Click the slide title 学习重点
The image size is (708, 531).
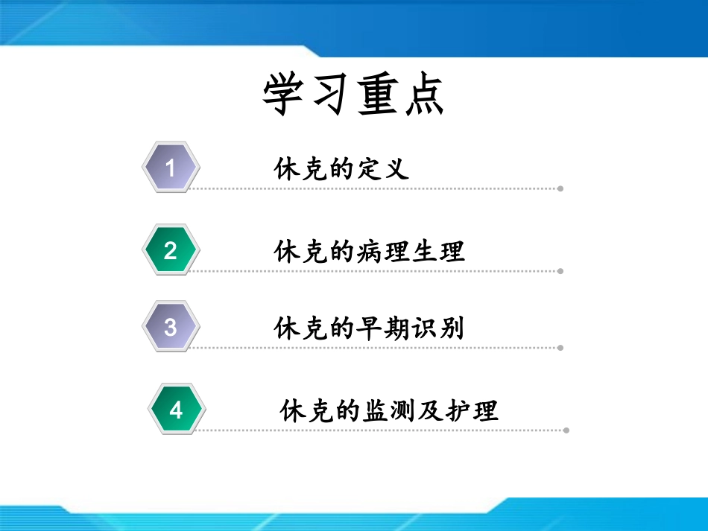click(x=353, y=95)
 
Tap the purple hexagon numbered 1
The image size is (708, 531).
click(x=171, y=168)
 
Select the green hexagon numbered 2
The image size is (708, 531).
click(x=171, y=250)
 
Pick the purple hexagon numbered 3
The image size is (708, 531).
click(x=171, y=326)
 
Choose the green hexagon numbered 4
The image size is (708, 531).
click(x=176, y=410)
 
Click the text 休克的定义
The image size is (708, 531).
click(x=342, y=169)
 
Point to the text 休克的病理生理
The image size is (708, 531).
click(x=370, y=252)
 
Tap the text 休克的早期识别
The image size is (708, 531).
click(x=370, y=328)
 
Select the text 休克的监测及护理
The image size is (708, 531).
click(x=389, y=410)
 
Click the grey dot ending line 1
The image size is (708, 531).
click(x=560, y=188)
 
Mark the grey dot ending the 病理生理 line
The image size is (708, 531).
click(x=560, y=271)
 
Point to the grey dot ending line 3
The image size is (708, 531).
click(x=560, y=347)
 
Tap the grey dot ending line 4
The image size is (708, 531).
click(x=566, y=430)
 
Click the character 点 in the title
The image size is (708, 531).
click(x=422, y=95)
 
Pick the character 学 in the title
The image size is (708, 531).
click(x=285, y=95)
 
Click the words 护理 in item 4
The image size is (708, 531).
click(x=473, y=410)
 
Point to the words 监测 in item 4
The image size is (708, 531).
click(x=389, y=410)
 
